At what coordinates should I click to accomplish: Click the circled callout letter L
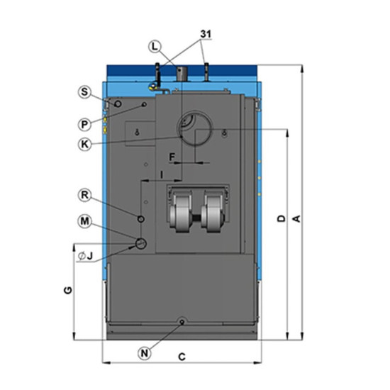[155, 47]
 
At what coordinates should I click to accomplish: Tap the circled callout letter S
[84, 91]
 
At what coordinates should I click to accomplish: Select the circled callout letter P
[84, 124]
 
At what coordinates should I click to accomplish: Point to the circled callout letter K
[84, 144]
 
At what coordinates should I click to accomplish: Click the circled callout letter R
[84, 195]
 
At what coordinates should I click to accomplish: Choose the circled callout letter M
[84, 221]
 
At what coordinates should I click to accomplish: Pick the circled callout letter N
[145, 353]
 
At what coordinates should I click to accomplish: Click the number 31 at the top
[206, 34]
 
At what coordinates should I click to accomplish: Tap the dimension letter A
[297, 219]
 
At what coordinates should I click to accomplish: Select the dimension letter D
[282, 218]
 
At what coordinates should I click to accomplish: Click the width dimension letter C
[182, 357]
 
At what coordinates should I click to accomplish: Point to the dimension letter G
[68, 290]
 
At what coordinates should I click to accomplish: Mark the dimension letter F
[172, 157]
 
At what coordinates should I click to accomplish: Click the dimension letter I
[162, 175]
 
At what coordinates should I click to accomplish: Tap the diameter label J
[85, 256]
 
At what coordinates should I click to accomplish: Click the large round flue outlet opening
[195, 128]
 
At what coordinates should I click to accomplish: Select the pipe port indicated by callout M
[141, 243]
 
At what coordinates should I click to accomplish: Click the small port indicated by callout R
[141, 219]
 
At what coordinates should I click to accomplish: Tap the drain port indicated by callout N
[182, 322]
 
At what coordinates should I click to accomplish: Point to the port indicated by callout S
[118, 104]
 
